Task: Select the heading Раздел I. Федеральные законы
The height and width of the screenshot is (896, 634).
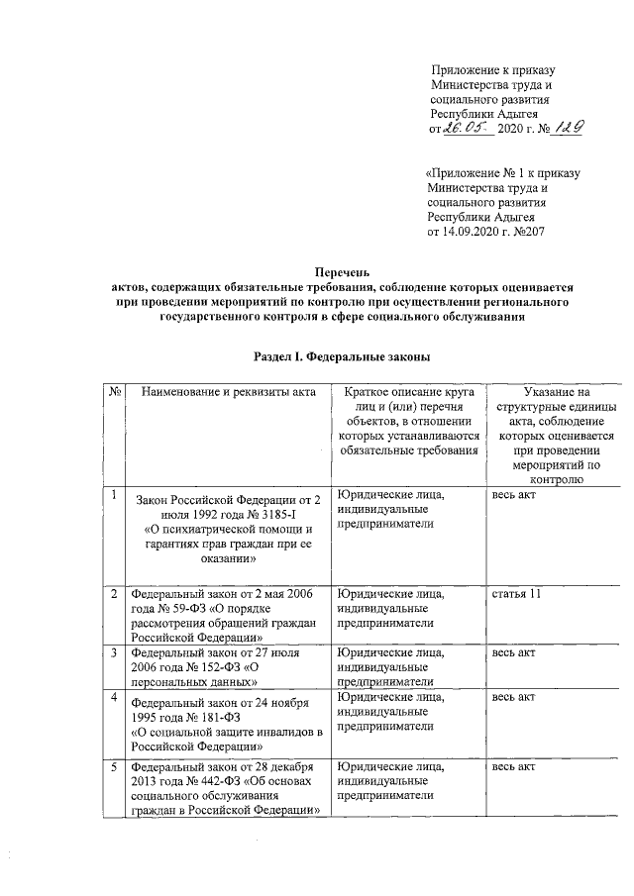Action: [341, 355]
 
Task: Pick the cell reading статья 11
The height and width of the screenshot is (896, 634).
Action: [517, 594]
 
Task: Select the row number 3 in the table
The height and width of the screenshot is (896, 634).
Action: [115, 653]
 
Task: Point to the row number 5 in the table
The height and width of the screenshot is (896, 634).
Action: [115, 768]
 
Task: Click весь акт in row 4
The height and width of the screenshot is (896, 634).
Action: [513, 698]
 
